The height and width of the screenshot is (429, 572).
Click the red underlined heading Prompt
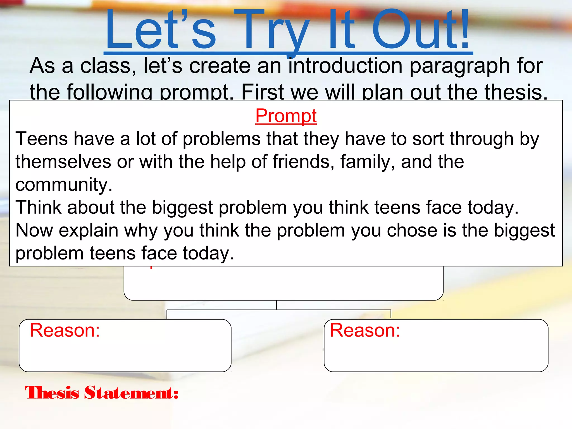pos(286,116)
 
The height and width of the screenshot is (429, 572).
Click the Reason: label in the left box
pos(65,330)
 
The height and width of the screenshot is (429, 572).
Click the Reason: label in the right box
pos(365,330)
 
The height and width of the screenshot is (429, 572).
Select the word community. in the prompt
pos(64,185)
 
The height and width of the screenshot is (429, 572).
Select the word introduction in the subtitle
pos(345,66)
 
